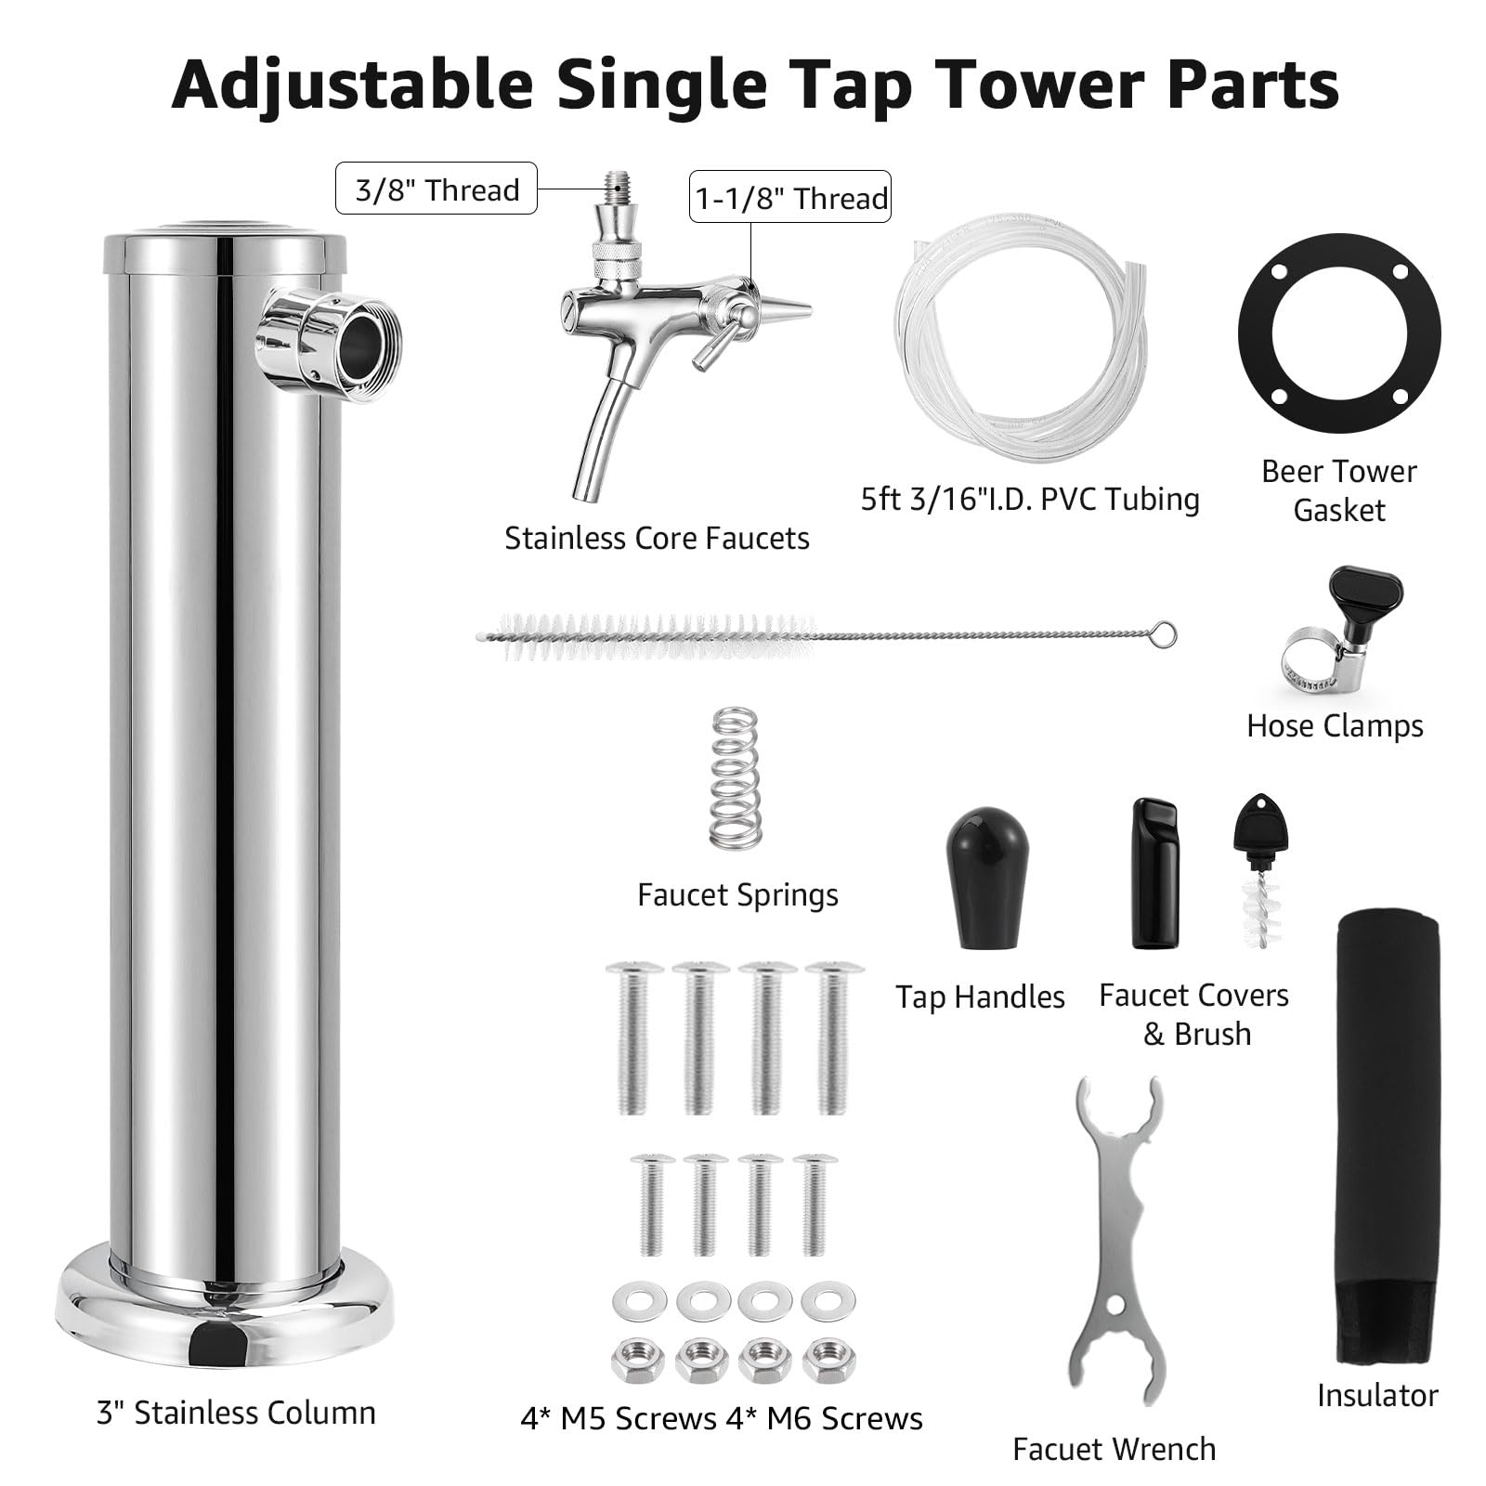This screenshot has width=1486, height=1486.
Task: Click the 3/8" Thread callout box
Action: (436, 189)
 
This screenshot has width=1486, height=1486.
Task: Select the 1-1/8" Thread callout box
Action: (790, 196)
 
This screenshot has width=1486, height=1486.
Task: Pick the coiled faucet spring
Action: (733, 776)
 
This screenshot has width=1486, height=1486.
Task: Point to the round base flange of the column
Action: (222, 1310)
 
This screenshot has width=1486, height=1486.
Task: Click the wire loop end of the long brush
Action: (1164, 636)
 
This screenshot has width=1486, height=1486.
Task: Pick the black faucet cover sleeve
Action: (1155, 872)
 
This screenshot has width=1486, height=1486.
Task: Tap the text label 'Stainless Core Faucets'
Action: (657, 538)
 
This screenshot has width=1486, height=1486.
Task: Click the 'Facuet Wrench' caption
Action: (1114, 1448)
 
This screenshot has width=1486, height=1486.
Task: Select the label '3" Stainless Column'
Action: (236, 1413)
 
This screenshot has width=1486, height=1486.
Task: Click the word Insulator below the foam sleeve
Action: (1377, 1394)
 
